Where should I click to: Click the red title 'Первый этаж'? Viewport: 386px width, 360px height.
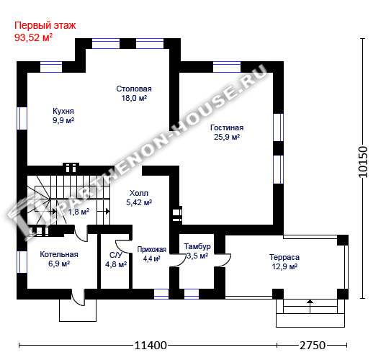point(45,26)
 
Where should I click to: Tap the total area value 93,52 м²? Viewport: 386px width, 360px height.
point(33,37)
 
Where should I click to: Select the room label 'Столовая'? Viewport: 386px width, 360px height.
point(134,89)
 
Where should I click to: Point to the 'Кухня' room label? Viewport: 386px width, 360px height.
point(63,111)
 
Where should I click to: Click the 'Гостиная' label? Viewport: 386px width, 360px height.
point(227,127)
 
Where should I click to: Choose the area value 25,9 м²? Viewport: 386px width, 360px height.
point(227,137)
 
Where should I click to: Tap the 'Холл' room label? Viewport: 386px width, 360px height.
point(139,193)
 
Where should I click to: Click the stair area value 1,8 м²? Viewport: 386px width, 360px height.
point(78,212)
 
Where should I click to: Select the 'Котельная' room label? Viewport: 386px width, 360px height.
point(59,254)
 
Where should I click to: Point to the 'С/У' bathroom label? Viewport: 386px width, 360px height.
point(116,255)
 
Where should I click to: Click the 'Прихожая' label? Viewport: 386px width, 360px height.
point(152,250)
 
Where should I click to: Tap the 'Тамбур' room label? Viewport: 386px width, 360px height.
point(197,246)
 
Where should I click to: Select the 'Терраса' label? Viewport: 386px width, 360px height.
point(284,257)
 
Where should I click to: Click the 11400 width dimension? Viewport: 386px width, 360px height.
point(151,346)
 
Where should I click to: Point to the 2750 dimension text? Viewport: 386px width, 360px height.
point(313,346)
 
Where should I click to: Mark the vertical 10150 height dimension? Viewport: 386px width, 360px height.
point(363,162)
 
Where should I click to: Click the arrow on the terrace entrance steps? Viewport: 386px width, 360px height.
point(310,306)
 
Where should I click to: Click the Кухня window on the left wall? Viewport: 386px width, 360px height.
point(22,118)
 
